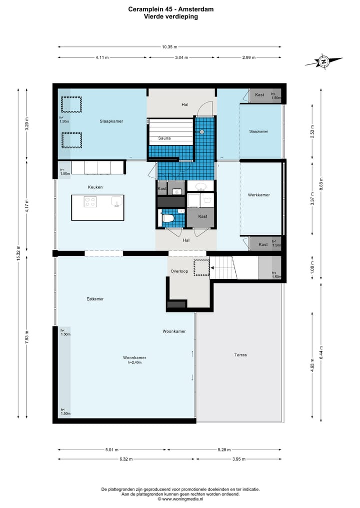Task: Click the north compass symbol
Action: [x=323, y=61]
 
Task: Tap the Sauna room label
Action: [x=164, y=138]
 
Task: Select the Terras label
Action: [x=240, y=355]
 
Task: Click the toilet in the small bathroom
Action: [x=167, y=218]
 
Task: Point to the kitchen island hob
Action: [x=90, y=202]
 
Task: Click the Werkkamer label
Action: [x=259, y=195]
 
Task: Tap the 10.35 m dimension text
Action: [x=169, y=47]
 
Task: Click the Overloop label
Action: [x=179, y=271]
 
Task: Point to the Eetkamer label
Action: [x=95, y=299]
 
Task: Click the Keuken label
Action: [x=95, y=187]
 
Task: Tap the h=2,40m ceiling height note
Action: [x=134, y=363]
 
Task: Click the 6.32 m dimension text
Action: [x=126, y=459]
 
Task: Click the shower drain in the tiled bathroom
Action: [x=201, y=132]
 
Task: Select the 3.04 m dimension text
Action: [x=181, y=57]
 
